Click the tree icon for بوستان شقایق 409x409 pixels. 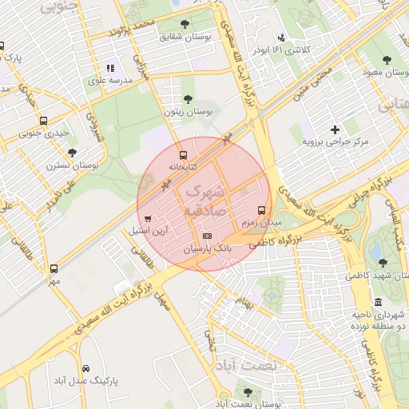[x=185, y=24]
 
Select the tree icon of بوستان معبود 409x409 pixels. [x=386, y=61]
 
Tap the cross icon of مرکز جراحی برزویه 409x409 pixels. [x=335, y=129]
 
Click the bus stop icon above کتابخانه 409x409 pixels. [x=184, y=155]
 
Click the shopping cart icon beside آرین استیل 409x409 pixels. [x=149, y=218]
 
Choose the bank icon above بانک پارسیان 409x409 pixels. [x=208, y=236]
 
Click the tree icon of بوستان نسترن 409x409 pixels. [x=72, y=153]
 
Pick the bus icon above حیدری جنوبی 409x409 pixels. [x=43, y=121]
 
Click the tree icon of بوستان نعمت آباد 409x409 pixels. [x=248, y=392]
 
